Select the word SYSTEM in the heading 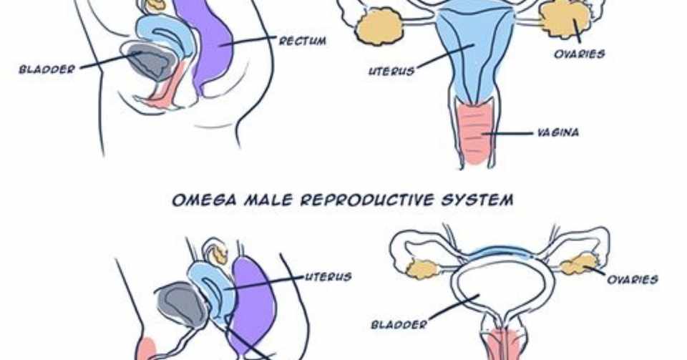pos(477,200)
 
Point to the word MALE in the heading pos(265,200)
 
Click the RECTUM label pos(303,41)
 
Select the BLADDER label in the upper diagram pos(47,70)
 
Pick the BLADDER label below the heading pos(399,324)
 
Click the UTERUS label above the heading pos(391,71)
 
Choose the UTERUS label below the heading pos(328,276)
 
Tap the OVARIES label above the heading pos(580,54)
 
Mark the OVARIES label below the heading pos(633,280)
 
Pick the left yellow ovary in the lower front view pos(422,269)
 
